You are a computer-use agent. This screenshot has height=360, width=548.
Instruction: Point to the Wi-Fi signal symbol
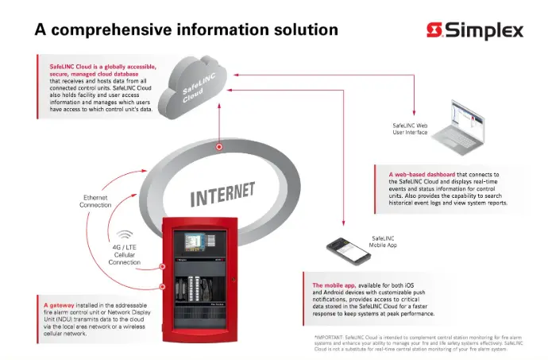(x=125, y=235)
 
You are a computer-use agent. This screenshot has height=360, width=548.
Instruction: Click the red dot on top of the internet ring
(x=219, y=147)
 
